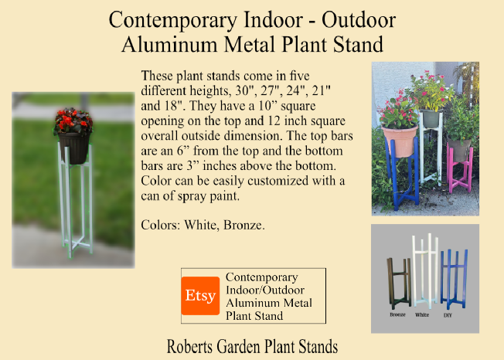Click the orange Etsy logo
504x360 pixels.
(x=200, y=296)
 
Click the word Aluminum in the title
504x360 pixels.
(x=169, y=44)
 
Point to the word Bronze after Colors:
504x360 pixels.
(x=244, y=225)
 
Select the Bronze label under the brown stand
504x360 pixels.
(x=397, y=314)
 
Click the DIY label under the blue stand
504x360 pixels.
(x=448, y=315)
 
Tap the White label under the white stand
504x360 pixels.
(x=422, y=315)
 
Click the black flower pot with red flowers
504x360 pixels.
(x=74, y=148)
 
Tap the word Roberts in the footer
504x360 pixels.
(x=189, y=347)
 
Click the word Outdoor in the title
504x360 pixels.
(x=359, y=20)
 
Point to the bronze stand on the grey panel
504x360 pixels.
(x=399, y=284)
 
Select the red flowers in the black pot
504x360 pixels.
(x=73, y=121)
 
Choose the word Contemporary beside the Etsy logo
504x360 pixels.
(x=261, y=277)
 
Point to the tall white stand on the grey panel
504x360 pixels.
(x=426, y=271)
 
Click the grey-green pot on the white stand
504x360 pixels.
(x=431, y=118)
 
